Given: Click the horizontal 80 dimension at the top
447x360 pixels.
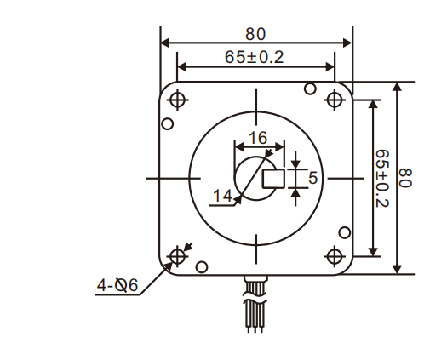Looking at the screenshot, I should coord(255,34).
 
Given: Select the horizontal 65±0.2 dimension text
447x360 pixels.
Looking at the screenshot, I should coord(255,57).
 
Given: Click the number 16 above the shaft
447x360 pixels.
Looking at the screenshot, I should coord(257,138).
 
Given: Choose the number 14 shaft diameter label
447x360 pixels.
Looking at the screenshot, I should coord(221,196).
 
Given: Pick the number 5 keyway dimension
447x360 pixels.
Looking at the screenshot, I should coord(312,178).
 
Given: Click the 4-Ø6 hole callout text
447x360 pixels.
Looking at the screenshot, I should coord(117,285).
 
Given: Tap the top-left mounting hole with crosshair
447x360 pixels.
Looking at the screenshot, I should coord(178,100).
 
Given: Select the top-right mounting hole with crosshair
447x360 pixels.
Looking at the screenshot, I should coord(334,100).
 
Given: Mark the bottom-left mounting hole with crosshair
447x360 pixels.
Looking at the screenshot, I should coord(178,256).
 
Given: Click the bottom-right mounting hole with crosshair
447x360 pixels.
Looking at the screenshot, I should coord(334,256).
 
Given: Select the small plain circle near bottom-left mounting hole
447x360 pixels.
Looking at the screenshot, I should coord(201,267).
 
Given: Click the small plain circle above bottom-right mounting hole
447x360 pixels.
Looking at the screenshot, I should coord(344,231).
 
